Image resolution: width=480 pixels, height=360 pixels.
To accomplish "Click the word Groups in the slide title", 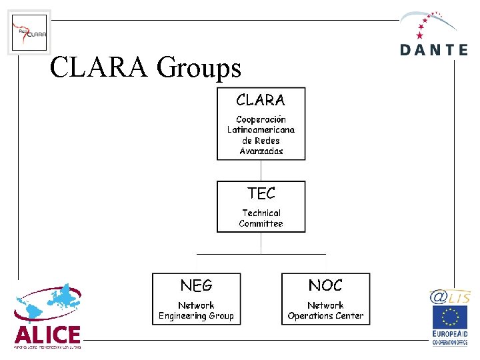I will coord(198,67).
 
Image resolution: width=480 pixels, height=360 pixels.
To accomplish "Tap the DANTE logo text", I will coord(434,49).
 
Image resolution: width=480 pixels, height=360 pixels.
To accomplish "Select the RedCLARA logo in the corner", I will coord(29,33).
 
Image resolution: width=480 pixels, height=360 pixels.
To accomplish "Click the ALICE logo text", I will coord(47,335).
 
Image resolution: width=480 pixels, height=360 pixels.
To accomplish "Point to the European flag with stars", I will coord(449,318).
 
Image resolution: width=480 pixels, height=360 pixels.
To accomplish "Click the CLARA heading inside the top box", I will coord(261,101).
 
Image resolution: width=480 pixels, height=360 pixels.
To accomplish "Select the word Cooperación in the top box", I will coord(261,119).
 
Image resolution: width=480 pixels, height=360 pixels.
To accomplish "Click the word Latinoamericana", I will coord(261,130).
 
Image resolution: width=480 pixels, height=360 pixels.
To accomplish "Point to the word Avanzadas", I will coord(261,151).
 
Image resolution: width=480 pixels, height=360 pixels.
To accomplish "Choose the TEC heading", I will coord(261,193).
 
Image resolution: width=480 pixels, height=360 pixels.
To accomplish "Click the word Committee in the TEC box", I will coord(261,224).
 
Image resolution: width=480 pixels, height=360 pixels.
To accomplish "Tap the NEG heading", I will coord(196,285).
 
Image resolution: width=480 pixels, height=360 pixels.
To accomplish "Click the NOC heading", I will coord(325,285).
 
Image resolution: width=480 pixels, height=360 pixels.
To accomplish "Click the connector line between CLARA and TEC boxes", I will coord(261,170).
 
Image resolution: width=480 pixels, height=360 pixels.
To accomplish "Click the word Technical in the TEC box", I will coord(261,213).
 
